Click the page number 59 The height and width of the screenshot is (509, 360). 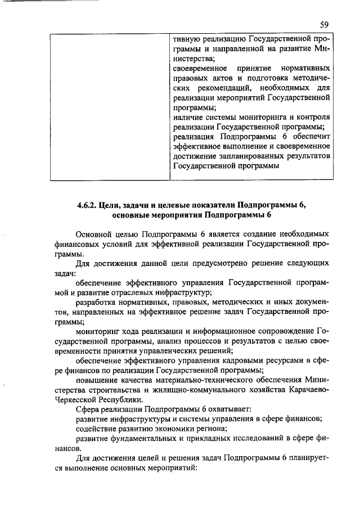324,24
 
